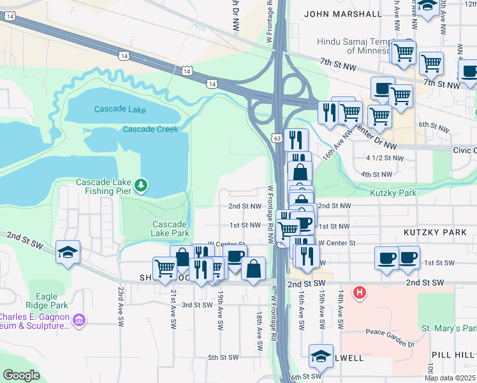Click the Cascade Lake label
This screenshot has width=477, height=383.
point(120,109)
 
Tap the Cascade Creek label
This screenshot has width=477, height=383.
point(150,129)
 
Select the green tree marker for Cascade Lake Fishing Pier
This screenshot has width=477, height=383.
point(141,186)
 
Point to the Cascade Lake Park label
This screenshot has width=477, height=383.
point(170,229)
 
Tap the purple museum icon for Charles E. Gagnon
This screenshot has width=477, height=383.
point(79,319)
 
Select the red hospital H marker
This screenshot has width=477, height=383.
point(360,293)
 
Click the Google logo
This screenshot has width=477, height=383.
point(22,375)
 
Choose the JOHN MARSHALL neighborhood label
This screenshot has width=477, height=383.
point(343,13)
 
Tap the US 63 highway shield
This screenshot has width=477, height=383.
point(276,137)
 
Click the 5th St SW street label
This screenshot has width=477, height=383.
point(223,357)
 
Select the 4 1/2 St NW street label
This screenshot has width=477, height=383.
point(385,158)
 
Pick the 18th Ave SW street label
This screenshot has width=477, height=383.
point(260,331)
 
